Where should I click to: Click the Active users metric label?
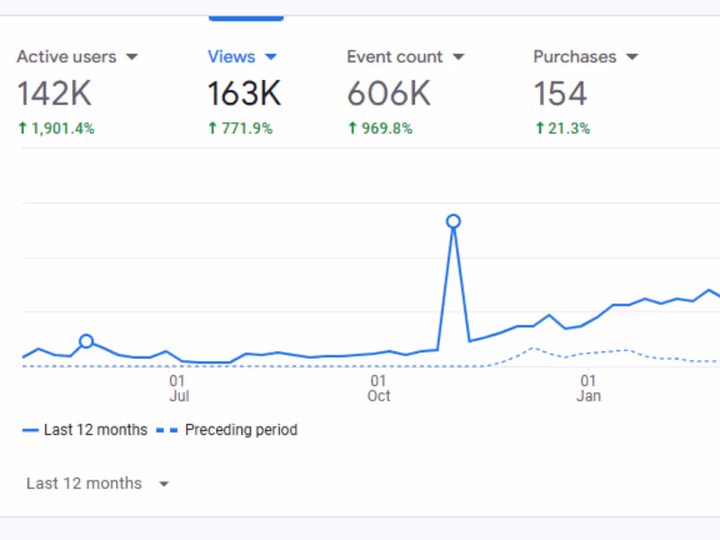(x=67, y=57)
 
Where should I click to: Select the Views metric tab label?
(x=231, y=57)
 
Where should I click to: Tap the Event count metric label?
(x=394, y=57)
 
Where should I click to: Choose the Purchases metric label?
(x=574, y=57)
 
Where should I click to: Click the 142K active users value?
(x=54, y=94)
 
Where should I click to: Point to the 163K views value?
(x=244, y=94)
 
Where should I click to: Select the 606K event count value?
(x=390, y=94)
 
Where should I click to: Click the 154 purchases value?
(x=560, y=94)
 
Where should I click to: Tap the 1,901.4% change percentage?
(x=61, y=129)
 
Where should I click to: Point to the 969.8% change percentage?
(x=386, y=129)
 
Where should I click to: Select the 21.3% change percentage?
(x=568, y=129)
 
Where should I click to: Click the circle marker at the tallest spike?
(x=454, y=221)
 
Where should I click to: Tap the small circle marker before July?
(x=86, y=341)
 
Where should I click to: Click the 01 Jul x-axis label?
(x=178, y=388)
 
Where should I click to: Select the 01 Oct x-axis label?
(x=379, y=388)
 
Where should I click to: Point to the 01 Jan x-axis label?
(x=589, y=388)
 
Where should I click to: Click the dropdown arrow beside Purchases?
(x=632, y=58)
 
